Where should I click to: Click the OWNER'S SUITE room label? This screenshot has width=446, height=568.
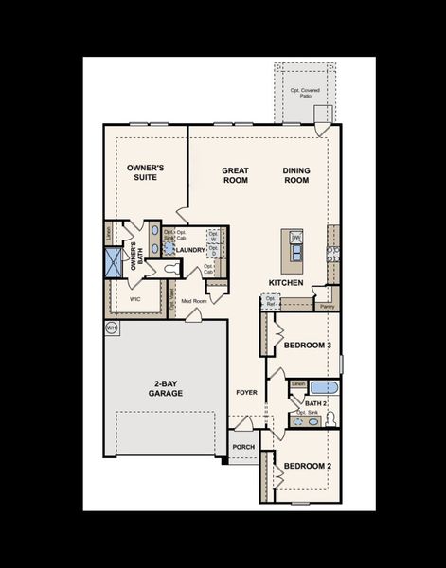pyautogui.click(x=146, y=172)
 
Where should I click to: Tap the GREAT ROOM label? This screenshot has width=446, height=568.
pyautogui.click(x=235, y=176)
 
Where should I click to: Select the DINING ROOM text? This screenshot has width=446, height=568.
pyautogui.click(x=296, y=176)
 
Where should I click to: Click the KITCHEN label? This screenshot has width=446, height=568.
pyautogui.click(x=285, y=283)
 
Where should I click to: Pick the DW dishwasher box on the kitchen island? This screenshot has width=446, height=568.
pyautogui.click(x=296, y=237)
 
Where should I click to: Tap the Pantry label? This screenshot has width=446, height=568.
pyautogui.click(x=327, y=307)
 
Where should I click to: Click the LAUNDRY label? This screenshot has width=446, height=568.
pyautogui.click(x=190, y=250)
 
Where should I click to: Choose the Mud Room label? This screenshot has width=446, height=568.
pyautogui.click(x=194, y=302)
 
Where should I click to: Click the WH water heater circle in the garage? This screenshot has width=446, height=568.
pyautogui.click(x=111, y=328)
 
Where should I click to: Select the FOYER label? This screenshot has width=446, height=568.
pyautogui.click(x=245, y=389)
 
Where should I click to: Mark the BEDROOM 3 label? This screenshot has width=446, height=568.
pyautogui.click(x=308, y=346)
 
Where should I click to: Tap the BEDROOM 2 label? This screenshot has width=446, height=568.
pyautogui.click(x=308, y=467)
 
